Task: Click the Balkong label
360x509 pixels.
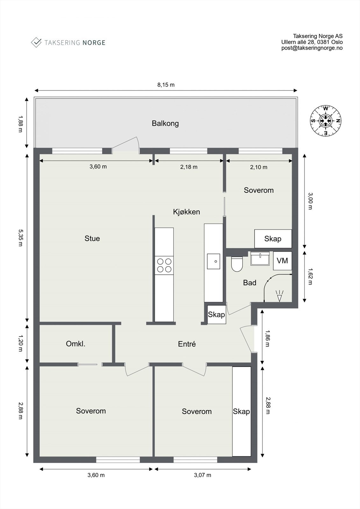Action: tap(165, 123)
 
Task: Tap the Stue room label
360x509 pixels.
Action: tap(92, 238)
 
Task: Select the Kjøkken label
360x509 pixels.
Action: tap(187, 212)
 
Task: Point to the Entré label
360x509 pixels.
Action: tap(187, 344)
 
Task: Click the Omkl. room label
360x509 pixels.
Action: tap(75, 344)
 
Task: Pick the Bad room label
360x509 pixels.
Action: tap(250, 283)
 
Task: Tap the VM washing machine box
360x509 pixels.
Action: tap(282, 261)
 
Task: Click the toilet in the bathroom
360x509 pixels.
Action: tap(237, 264)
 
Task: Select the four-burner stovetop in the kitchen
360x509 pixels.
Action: tap(164, 265)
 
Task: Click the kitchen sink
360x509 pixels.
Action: tap(213, 261)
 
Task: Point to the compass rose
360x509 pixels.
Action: tap(326, 121)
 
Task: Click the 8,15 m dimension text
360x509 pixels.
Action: tap(166, 85)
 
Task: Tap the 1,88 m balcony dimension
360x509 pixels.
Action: tap(20, 124)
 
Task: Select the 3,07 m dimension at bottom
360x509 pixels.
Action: tap(202, 475)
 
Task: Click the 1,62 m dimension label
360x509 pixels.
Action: tap(310, 276)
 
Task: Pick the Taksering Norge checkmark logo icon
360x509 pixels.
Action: tap(36, 43)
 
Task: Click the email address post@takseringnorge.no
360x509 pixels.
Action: tap(312, 48)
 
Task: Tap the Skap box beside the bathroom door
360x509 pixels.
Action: tap(216, 315)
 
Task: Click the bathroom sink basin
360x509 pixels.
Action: tap(260, 258)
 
